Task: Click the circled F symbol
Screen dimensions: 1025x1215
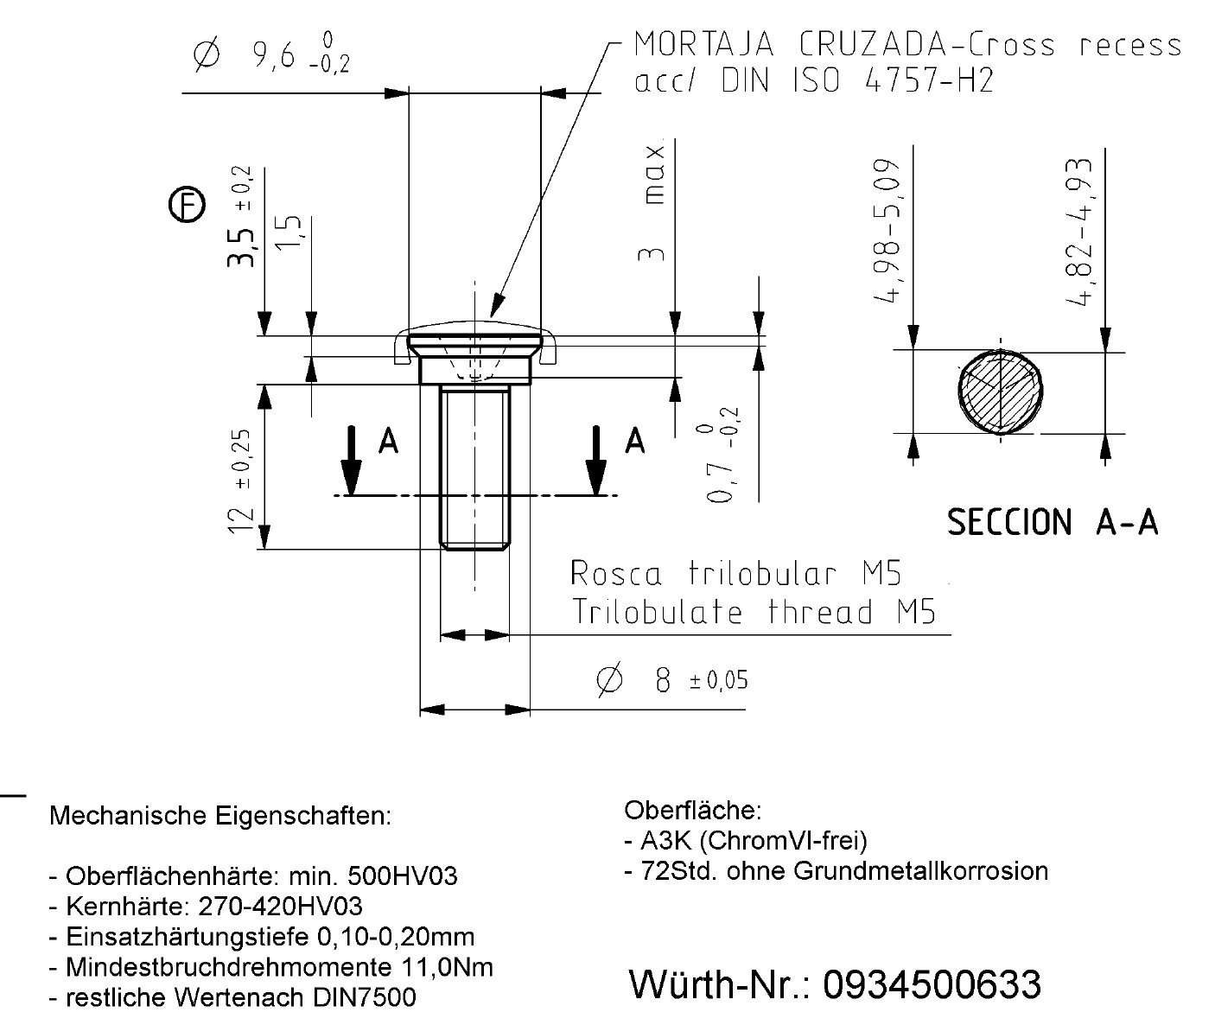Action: [187, 206]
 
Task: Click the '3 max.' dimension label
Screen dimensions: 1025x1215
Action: [654, 205]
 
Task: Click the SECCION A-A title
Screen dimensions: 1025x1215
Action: [1053, 523]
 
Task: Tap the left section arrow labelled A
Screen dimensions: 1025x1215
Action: [351, 458]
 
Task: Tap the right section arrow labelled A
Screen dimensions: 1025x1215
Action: [596, 458]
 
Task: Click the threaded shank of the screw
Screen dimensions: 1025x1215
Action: [474, 467]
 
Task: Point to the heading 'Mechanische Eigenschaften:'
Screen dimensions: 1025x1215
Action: [220, 815]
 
